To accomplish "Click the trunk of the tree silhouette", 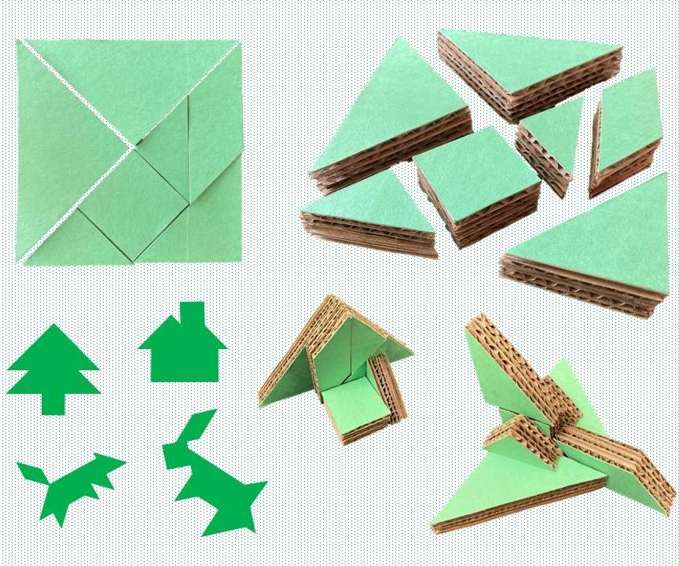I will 53,402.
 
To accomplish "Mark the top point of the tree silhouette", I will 53,327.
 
